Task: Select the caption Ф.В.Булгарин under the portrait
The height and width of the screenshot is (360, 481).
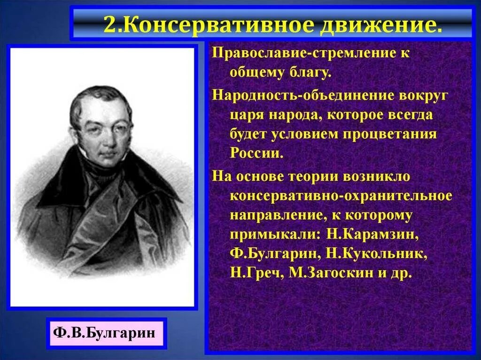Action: (x=106, y=333)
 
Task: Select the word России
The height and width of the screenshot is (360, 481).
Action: (x=256, y=153)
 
